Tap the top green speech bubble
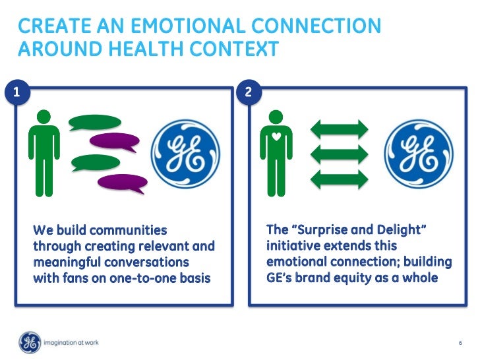96,122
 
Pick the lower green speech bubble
96,162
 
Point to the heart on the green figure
278,138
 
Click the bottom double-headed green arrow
340,177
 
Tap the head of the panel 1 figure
44,116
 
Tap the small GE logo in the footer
30,342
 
